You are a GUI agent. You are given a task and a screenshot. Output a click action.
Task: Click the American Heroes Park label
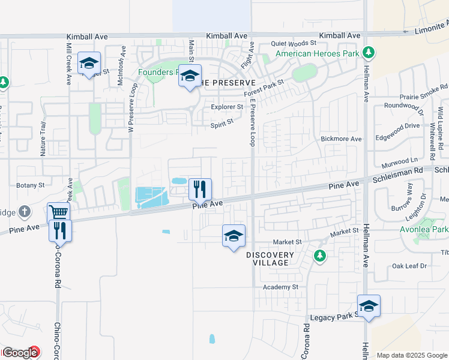[317, 53]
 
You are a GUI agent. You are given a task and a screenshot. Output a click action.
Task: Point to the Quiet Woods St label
[294, 43]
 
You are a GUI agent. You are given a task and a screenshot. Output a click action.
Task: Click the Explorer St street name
[227, 107]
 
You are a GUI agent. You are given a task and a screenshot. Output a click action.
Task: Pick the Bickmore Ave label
[342, 139]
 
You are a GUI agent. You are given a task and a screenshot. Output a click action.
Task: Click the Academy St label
[281, 287]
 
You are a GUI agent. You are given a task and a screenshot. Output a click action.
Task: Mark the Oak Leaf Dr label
[409, 266]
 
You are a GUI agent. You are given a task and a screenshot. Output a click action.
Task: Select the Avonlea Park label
[432, 229]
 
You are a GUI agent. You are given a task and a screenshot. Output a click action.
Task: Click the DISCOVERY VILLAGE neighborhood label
[270, 259]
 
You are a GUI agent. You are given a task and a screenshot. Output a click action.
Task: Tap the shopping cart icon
[59, 212]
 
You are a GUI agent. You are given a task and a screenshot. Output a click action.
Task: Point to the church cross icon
[24, 211]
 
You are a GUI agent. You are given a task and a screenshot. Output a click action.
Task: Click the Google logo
[20, 353]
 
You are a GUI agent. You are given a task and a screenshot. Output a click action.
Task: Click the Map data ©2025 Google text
[411, 355]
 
